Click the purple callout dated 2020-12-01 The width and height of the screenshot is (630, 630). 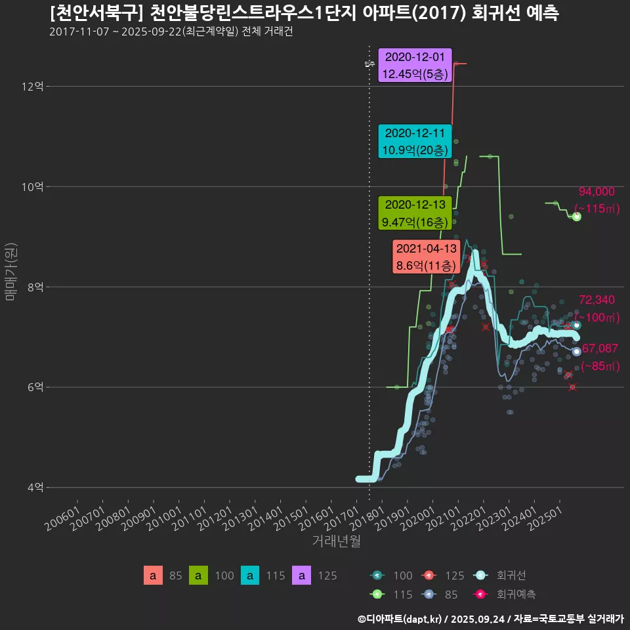point(415,65)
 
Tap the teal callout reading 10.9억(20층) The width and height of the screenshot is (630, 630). point(415,141)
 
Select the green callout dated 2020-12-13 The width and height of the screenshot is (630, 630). point(415,213)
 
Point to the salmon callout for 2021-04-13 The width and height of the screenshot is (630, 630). point(425,257)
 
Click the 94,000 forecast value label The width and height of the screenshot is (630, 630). point(597,192)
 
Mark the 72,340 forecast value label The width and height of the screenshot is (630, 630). point(597,301)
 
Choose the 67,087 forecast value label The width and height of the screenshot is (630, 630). point(600,348)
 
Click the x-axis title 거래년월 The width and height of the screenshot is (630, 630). point(335,541)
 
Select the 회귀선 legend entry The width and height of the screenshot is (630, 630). point(511,576)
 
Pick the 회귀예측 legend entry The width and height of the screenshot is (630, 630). point(516,595)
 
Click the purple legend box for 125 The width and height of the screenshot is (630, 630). point(301,576)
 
